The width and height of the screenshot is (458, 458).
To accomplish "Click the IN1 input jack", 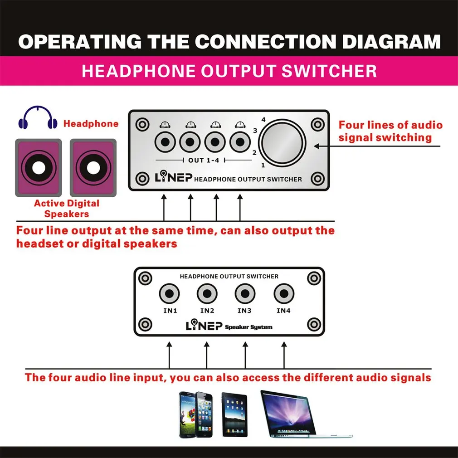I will [169, 294].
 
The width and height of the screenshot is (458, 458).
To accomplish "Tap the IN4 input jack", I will [283, 294].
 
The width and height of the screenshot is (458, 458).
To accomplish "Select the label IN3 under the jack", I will [244, 311].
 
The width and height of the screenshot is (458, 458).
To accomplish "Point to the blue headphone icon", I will [38, 118].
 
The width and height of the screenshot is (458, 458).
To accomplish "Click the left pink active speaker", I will [38, 168].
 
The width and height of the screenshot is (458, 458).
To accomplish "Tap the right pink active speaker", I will [92, 168].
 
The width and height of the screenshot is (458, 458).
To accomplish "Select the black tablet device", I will [234, 414].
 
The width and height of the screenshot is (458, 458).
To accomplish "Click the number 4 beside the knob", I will [263, 119].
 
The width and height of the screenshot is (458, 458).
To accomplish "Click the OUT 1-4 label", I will [202, 161].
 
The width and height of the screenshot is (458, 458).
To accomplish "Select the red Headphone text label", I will [91, 123].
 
